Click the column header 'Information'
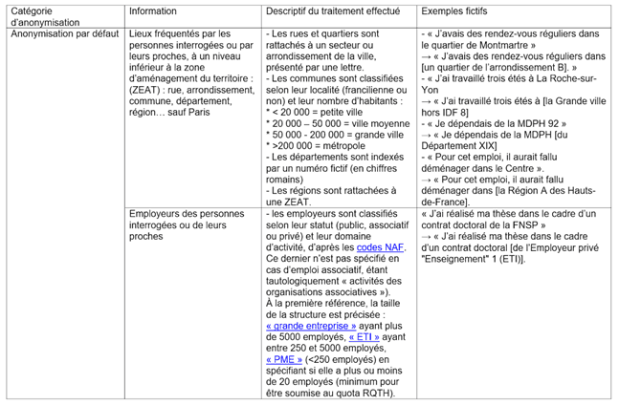coord(153,11)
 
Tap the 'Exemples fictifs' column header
coord(456,11)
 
